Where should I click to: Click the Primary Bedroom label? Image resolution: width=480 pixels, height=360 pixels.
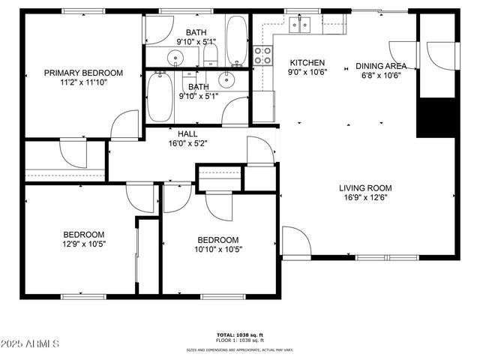pyautogui.click(x=82, y=73)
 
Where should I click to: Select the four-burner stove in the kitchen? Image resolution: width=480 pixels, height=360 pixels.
pyautogui.click(x=263, y=54)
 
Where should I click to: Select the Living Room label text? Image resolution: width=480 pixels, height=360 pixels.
pyautogui.click(x=365, y=188)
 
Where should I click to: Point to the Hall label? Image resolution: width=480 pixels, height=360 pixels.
pyautogui.click(x=187, y=133)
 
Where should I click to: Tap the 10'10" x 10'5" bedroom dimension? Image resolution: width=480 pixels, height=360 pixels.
pyautogui.click(x=218, y=250)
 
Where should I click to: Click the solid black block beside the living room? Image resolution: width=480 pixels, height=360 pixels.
pyautogui.click(x=436, y=117)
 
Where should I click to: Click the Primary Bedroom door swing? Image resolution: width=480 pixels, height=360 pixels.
pyautogui.click(x=124, y=126)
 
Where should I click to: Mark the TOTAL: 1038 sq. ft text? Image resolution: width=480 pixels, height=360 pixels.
pyautogui.click(x=239, y=334)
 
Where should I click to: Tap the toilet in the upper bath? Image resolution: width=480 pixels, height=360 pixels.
pyautogui.click(x=211, y=55)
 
